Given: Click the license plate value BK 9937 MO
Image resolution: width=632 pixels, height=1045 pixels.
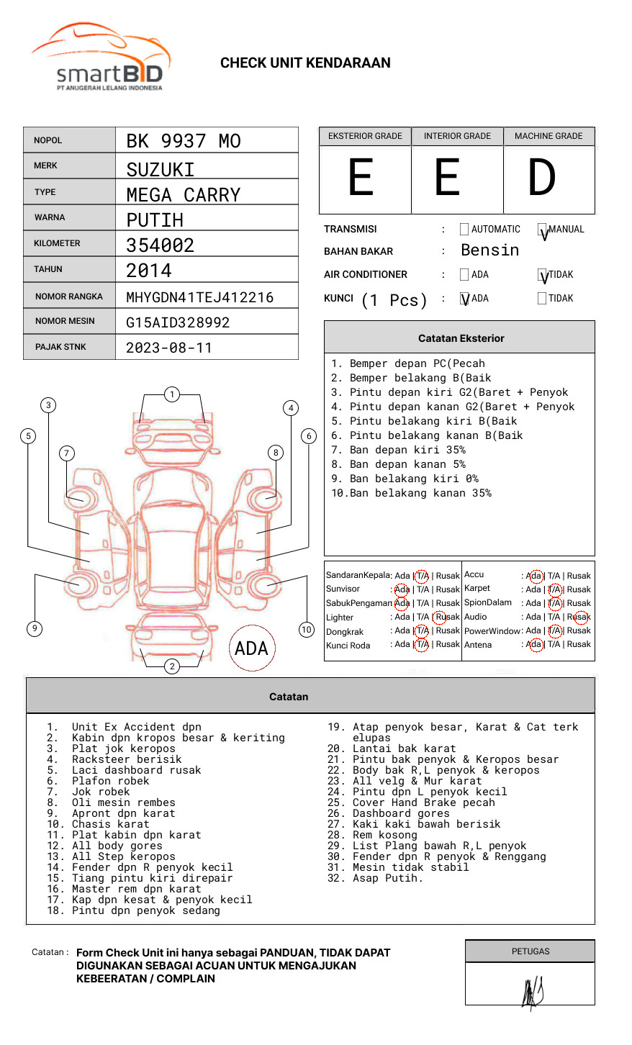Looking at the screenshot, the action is [x=184, y=141].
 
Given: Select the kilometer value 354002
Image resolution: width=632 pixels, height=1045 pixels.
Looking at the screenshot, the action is [x=160, y=245].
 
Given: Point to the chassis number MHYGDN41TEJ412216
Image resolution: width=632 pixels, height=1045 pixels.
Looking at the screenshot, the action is [x=200, y=297].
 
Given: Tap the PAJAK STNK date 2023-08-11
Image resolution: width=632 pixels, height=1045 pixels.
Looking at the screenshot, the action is [x=169, y=348].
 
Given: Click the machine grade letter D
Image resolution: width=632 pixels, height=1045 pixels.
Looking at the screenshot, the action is [x=542, y=177].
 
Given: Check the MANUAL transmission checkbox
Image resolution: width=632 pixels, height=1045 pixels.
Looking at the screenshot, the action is [x=542, y=229].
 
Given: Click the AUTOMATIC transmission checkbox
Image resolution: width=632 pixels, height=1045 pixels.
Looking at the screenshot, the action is [x=464, y=229].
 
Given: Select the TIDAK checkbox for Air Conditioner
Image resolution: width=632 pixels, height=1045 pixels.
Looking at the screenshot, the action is [x=542, y=274].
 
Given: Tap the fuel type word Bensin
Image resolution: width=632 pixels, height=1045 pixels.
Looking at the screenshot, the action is [x=490, y=250].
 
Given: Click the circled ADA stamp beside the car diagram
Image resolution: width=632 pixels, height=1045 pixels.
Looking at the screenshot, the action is [x=252, y=648].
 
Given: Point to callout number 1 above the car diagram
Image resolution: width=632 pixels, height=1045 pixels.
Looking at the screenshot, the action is [x=172, y=394].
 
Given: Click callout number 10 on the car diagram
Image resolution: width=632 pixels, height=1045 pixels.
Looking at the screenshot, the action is [x=306, y=630].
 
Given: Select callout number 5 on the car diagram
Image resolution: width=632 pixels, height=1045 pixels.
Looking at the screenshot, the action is [x=29, y=436].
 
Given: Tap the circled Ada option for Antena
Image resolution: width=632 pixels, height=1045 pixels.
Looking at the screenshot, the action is [x=536, y=644].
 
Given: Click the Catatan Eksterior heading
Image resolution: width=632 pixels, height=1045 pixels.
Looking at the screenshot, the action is [x=461, y=338].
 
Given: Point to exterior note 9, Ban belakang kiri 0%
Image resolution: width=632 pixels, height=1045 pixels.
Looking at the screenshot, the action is [x=405, y=479].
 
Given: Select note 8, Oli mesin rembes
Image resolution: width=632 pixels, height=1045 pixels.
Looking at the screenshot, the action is [x=111, y=802].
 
